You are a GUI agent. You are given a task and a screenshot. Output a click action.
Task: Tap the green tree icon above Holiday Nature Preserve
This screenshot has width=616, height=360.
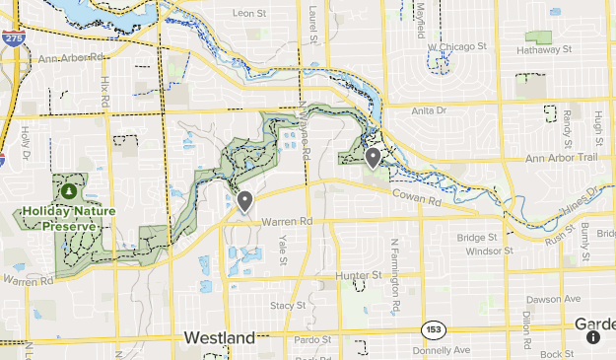pos(69,192)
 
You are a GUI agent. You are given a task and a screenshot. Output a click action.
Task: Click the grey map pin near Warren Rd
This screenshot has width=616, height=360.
pos(244,201)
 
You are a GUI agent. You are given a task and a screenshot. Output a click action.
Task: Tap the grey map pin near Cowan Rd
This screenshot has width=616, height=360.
pos(373,157)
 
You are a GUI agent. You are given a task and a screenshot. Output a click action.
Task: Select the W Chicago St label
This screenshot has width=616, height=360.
pos(457,46)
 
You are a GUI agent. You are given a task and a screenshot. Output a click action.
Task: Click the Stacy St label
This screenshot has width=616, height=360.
pos(288,306)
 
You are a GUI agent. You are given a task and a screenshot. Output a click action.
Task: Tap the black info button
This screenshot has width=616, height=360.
pos(593,337)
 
